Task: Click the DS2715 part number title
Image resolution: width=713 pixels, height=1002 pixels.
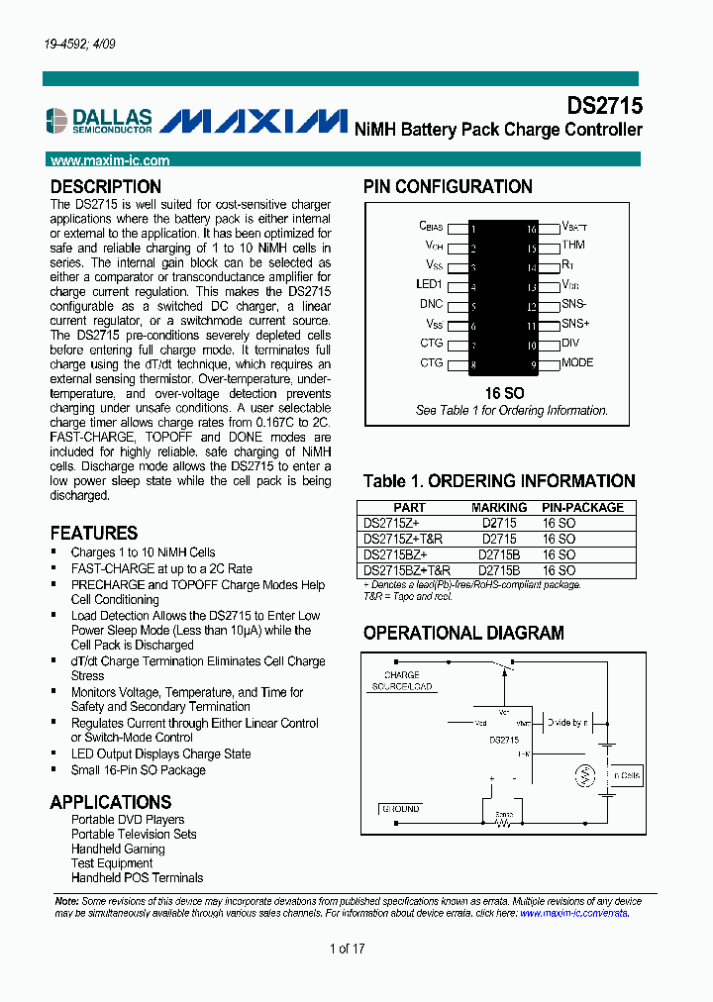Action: coord(604,106)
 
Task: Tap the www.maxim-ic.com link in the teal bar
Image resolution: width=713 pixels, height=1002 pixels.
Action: coord(109,160)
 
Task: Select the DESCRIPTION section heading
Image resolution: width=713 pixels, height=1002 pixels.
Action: coord(105,187)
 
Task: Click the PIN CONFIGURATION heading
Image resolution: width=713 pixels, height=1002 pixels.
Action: coord(448,187)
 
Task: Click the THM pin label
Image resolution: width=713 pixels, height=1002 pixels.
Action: coord(573,246)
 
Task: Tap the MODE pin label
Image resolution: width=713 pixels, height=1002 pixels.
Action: coord(577,362)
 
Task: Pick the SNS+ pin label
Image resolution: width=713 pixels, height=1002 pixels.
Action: coord(575,324)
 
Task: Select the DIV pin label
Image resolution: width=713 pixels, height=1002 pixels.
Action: coord(570,344)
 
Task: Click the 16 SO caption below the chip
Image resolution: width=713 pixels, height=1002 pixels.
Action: coord(505,393)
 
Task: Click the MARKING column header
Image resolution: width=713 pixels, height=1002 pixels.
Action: coord(499,508)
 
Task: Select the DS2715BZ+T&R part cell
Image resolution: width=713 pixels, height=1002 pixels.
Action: coord(407,571)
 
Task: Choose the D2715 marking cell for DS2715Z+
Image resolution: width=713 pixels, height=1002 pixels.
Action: coord(499,524)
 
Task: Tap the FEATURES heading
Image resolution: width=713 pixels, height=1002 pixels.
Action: coord(94,533)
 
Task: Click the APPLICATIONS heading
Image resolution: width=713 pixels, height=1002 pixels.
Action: coord(111,802)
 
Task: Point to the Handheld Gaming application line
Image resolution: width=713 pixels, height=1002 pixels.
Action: coord(118,849)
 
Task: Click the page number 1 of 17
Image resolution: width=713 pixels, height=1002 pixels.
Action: coord(348,949)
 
